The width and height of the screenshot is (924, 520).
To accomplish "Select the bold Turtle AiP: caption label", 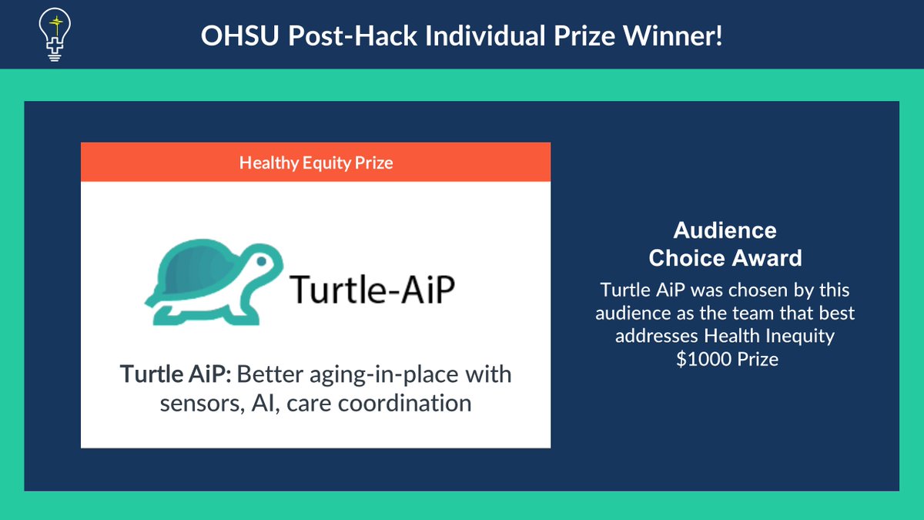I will (175, 375).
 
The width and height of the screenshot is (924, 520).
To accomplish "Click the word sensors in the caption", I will (200, 402).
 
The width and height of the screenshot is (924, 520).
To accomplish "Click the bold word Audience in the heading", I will (725, 230).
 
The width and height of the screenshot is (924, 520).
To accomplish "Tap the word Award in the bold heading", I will (771, 257).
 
